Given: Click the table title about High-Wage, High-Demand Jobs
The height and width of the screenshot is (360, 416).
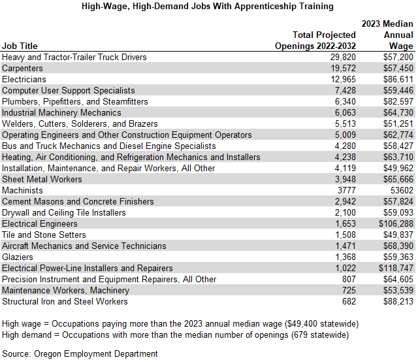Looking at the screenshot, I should (208, 7).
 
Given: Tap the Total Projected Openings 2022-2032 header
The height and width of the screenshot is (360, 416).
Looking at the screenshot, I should (315, 40).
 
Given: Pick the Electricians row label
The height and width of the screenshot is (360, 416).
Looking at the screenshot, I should (24, 79).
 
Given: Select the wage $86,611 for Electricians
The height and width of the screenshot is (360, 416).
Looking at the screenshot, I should (397, 79).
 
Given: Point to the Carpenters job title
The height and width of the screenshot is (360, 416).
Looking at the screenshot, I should (23, 68).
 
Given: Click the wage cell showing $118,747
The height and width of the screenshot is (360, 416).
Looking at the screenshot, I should (396, 268).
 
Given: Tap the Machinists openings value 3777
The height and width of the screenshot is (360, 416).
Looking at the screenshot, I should (345, 190).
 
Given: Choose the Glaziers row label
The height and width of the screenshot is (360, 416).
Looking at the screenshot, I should (18, 257).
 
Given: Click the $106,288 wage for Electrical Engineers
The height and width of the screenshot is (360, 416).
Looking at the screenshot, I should (396, 223).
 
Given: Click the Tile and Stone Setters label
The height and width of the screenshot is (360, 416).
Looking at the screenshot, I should (44, 235).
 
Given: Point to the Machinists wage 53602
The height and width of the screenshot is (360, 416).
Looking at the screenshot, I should (400, 190).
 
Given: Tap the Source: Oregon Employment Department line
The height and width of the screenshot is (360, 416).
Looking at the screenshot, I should (80, 353).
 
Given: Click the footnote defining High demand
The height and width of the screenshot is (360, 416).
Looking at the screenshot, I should (165, 335).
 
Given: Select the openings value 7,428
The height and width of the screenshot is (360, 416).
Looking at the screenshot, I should (344, 90).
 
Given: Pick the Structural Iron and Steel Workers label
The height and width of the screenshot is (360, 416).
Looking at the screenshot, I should (65, 301).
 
